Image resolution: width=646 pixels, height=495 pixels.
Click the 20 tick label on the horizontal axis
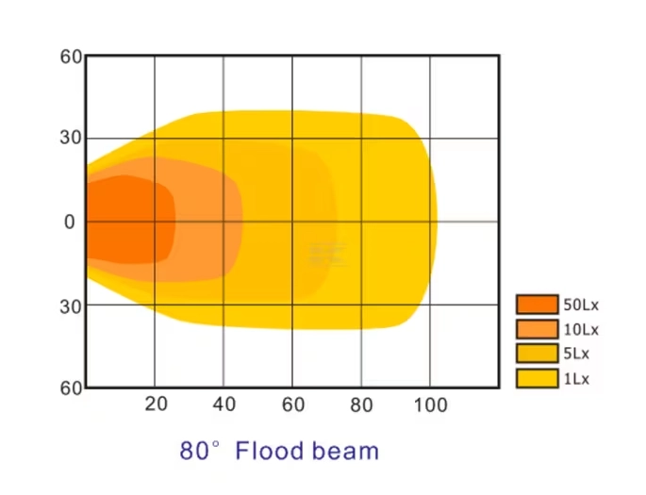point(156,404)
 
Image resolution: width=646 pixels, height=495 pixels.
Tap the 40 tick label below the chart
point(224,404)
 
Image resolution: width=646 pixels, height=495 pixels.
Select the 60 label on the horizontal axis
point(293,404)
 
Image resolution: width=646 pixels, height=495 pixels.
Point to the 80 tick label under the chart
point(361,404)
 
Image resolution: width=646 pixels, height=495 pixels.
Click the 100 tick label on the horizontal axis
point(430,404)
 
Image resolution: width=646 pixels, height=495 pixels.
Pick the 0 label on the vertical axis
point(69,222)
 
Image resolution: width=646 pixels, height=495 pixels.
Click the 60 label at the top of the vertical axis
point(72,57)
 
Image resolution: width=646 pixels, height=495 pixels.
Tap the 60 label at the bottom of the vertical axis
point(72,388)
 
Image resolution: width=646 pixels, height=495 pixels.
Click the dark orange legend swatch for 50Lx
point(538,305)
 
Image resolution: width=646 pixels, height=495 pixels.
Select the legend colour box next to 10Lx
point(538,329)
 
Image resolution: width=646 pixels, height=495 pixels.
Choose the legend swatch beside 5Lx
point(538,354)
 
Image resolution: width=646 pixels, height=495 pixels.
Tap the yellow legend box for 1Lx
point(538,378)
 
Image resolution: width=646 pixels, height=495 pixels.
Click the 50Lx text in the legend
point(581,305)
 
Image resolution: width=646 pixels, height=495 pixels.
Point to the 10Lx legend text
point(581,329)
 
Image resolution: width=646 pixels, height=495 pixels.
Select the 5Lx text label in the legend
point(576,354)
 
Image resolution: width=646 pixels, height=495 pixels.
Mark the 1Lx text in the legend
point(576,379)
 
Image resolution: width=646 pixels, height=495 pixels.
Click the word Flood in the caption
point(271,450)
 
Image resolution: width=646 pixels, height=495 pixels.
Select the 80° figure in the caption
point(200,450)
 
